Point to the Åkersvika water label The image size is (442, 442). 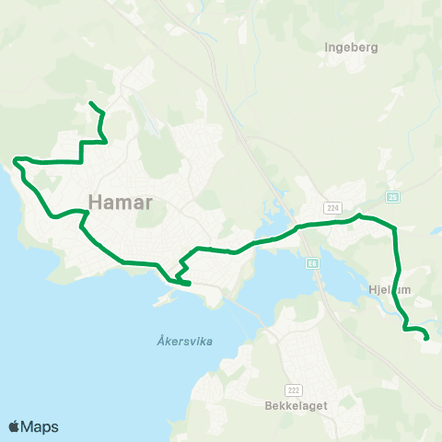click(x=179, y=341)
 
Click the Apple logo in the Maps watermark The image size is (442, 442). click(x=14, y=426)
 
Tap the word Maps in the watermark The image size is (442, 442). click(x=40, y=426)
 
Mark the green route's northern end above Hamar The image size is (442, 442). click(x=90, y=102)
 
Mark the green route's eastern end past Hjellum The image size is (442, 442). click(x=427, y=338)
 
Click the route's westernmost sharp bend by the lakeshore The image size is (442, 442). click(x=16, y=161)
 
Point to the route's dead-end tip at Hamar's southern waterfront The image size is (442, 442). click(x=189, y=285)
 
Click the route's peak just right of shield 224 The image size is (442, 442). click(x=360, y=215)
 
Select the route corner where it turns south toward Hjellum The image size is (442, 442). click(x=394, y=227)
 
